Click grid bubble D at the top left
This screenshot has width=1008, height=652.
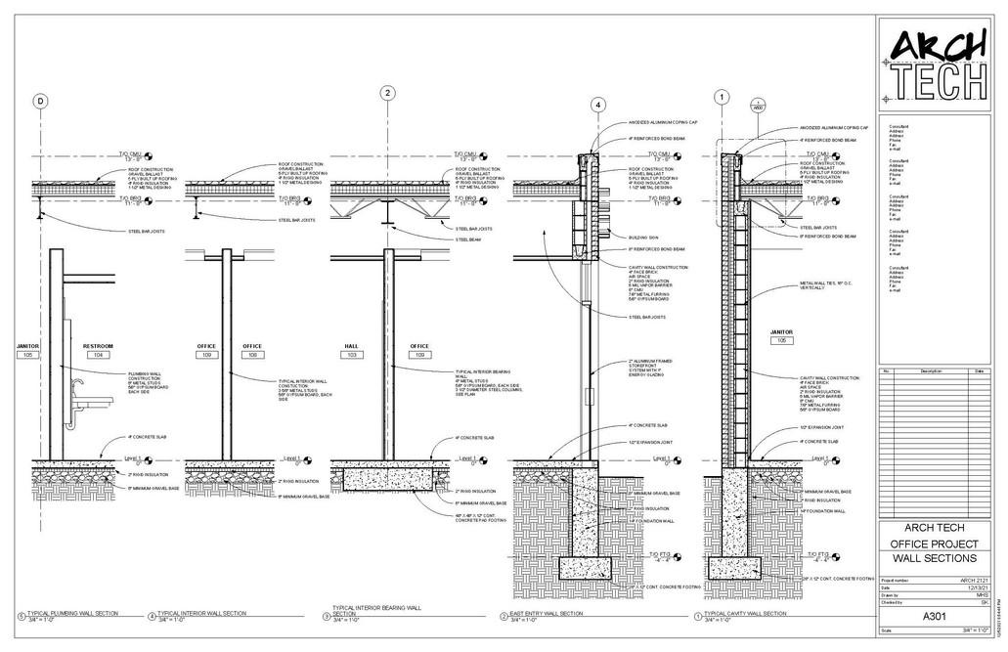pos(41,101)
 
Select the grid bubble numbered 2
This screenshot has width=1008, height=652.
pos(388,93)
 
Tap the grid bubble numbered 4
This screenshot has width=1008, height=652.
pos(597,105)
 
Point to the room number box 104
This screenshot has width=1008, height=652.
pos(98,355)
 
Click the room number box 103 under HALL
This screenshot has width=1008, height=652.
pos(352,355)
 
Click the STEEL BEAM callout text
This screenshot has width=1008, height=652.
pos(472,238)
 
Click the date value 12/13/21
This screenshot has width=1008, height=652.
pos(967,587)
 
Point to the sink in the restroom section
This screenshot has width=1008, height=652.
pos(85,402)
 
